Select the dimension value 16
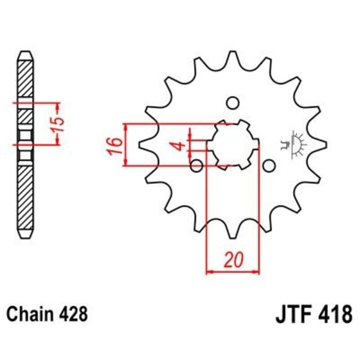116,145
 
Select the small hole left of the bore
196,165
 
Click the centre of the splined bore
233,144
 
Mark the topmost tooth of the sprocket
233,58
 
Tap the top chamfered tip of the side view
25,55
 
